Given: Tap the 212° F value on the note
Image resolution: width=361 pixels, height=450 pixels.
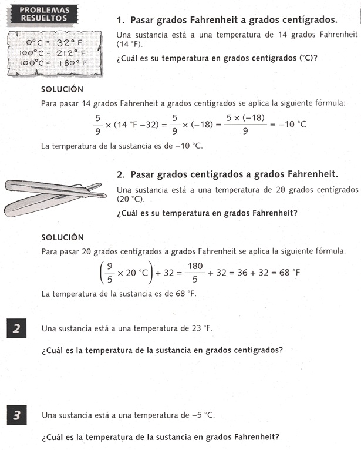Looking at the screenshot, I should coord(72,52).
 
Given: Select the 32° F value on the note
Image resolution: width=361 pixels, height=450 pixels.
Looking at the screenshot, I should coord(72,42).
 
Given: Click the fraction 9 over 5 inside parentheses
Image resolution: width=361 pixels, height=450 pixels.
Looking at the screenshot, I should coord(108,273).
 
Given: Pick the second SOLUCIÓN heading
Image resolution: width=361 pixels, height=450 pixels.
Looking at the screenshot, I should coord(62,237).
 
